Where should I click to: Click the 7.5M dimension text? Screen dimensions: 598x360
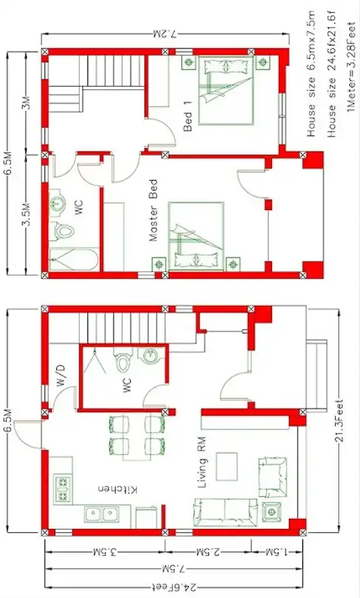(169, 569)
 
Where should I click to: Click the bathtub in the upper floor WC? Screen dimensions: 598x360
(74, 260)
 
